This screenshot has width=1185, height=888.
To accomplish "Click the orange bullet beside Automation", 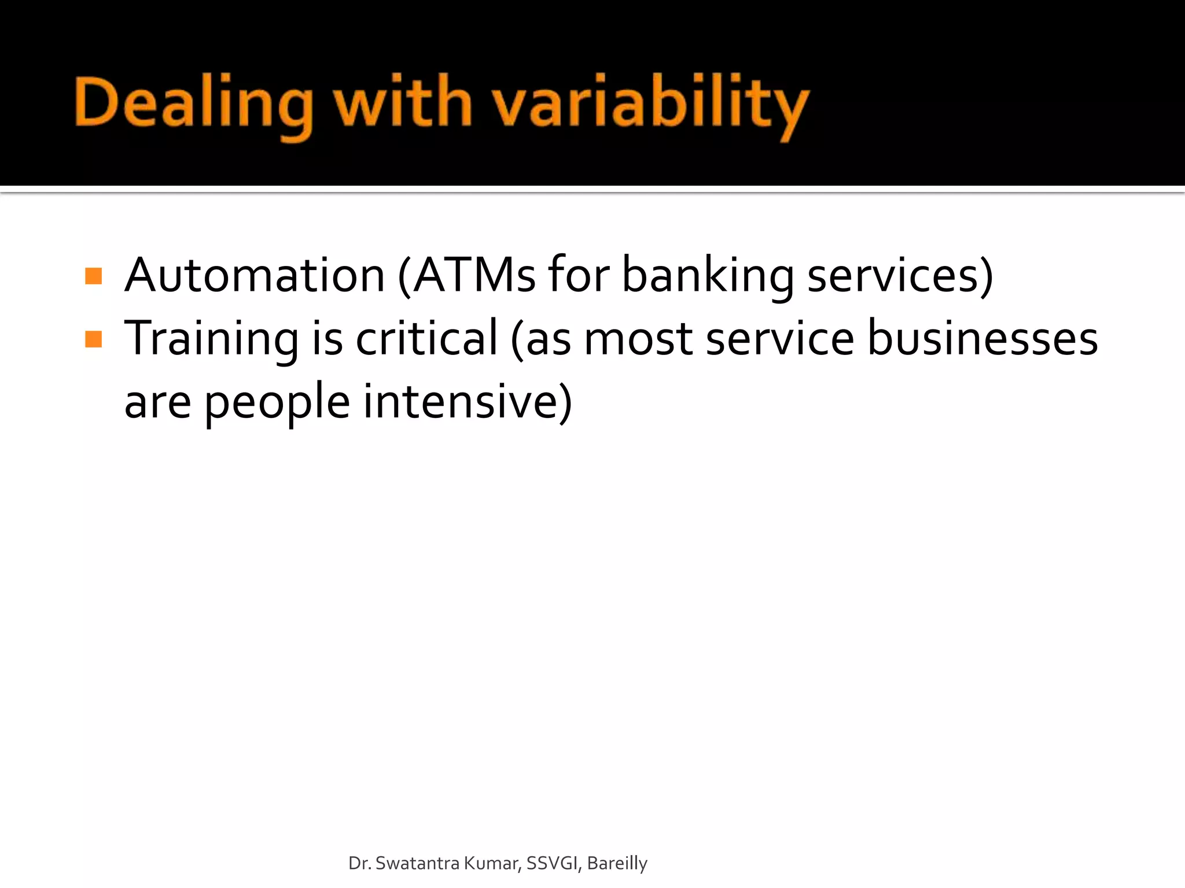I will tap(93, 276).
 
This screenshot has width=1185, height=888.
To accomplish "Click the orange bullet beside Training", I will tap(93, 339).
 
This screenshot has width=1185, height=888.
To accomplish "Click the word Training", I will tap(212, 339).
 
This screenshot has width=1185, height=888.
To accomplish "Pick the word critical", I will tap(426, 339).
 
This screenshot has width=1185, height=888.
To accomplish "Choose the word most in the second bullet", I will tap(638, 339).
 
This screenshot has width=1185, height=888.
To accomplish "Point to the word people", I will tap(277, 402).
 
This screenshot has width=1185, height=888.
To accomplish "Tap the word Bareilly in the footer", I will tap(617, 863).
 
